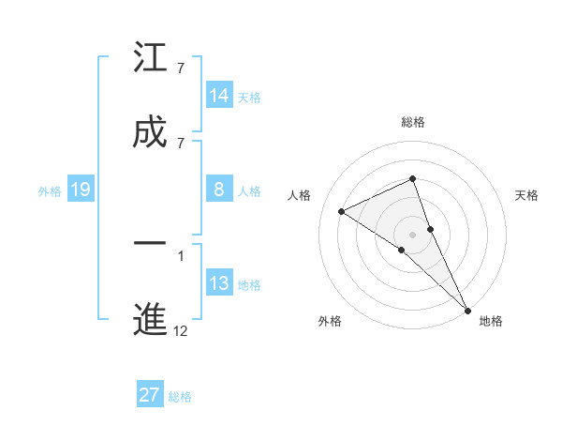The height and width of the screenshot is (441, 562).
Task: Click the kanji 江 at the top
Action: [x=150, y=58]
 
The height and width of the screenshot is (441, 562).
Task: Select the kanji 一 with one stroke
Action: [x=150, y=243]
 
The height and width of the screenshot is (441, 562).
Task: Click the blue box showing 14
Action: [x=219, y=95]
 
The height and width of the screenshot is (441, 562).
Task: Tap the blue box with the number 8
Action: [x=219, y=190]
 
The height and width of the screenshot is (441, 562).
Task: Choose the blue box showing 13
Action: [x=219, y=283]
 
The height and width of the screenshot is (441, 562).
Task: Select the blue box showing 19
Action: [x=81, y=190]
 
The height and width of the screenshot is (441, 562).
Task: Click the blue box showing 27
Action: [x=150, y=394]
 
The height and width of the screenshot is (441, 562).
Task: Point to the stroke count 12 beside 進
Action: [x=181, y=330]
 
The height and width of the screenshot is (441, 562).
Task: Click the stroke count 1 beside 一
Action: [x=181, y=254]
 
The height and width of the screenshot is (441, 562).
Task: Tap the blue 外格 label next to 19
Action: [x=50, y=190]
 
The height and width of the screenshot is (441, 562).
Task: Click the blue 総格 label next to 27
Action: [x=181, y=396]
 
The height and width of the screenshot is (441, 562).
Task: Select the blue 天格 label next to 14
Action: [x=249, y=97]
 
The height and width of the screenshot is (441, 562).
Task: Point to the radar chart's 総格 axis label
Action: [x=413, y=122]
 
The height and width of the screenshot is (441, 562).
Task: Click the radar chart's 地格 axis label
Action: [x=491, y=321]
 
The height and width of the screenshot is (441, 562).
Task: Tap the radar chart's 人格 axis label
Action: [x=300, y=195]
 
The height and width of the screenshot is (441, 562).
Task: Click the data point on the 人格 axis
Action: [x=341, y=211]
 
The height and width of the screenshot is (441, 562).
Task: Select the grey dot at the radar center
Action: [x=413, y=234]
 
